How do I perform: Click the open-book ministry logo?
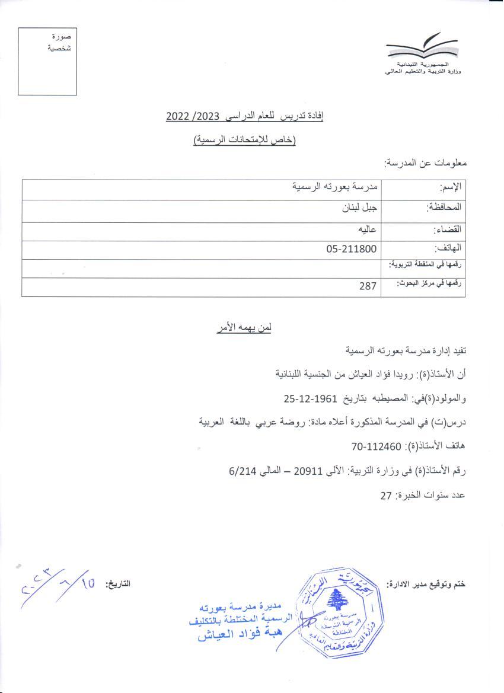tap(422, 49)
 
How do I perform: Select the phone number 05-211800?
tap(351, 250)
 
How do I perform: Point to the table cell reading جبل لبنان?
tap(361, 208)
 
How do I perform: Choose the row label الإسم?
tap(451, 188)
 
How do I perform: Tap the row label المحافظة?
tap(444, 208)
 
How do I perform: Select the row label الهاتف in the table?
tap(448, 250)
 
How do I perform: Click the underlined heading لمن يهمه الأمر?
tap(244, 327)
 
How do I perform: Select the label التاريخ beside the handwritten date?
tap(118, 584)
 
